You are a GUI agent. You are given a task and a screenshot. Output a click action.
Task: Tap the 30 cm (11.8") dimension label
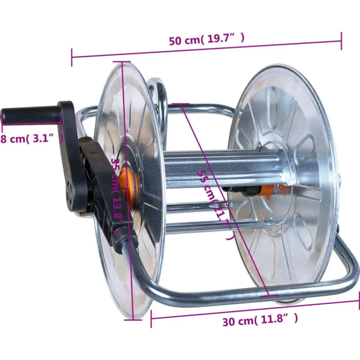tap(260, 320)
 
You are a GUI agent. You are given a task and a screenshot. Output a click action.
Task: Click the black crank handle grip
tap(30, 114)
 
